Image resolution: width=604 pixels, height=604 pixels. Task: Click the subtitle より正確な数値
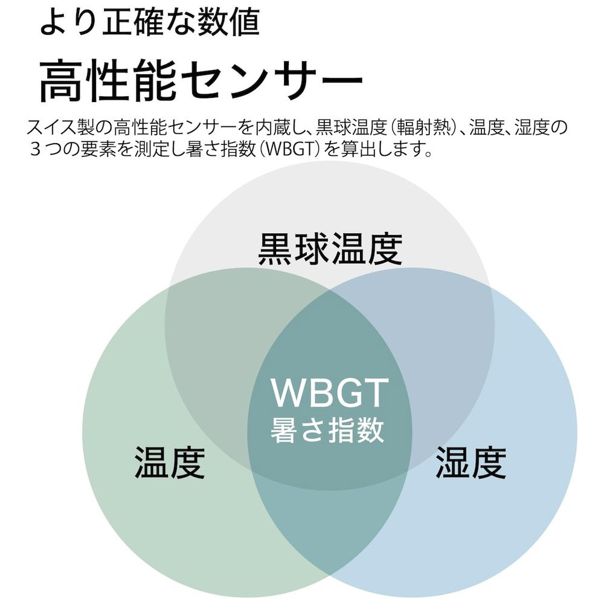[x=149, y=22]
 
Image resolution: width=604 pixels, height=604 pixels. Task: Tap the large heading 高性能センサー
[x=201, y=80]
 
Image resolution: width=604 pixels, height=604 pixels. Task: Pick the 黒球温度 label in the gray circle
[x=330, y=248]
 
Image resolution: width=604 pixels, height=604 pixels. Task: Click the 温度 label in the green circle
[x=170, y=462]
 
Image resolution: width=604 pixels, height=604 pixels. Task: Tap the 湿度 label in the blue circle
[x=471, y=462]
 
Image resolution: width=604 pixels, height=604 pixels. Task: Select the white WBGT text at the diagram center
[x=329, y=393]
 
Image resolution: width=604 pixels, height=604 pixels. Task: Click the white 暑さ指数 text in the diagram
[x=327, y=429]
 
